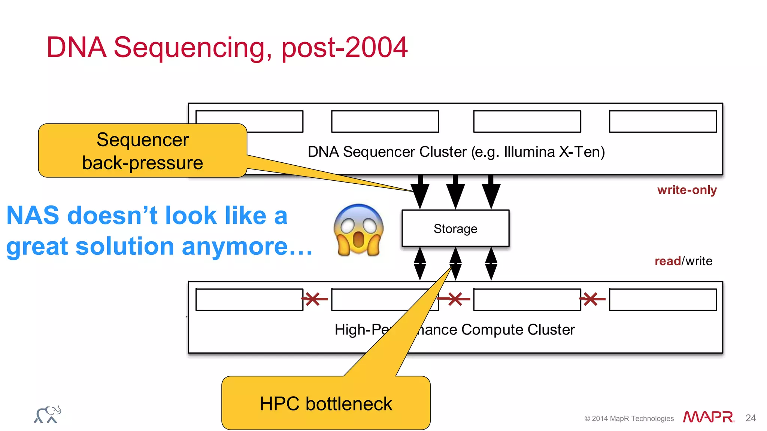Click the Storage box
click(455, 228)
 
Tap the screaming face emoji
click(358, 230)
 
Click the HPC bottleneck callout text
click(325, 404)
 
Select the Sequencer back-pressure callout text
click(142, 151)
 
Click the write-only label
click(686, 190)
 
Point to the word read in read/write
click(667, 261)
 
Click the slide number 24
click(750, 418)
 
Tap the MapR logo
click(708, 417)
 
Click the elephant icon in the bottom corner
click(48, 415)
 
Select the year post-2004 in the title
click(344, 48)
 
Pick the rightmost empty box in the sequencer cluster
click(663, 121)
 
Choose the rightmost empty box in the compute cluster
click(663, 299)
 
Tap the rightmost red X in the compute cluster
click(592, 299)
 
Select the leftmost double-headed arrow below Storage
click(420, 264)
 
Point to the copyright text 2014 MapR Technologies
click(629, 418)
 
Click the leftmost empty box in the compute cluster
click(249, 299)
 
